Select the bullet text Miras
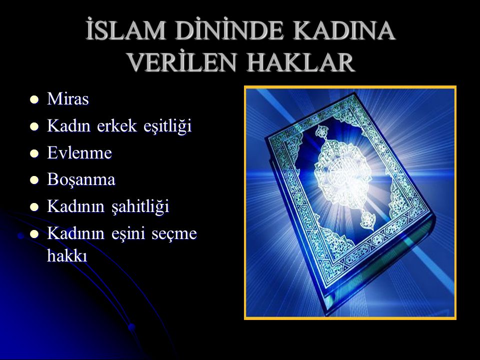(x=68, y=99)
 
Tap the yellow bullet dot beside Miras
(x=34, y=100)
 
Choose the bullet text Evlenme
(x=76, y=153)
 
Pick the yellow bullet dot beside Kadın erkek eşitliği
(x=34, y=127)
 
